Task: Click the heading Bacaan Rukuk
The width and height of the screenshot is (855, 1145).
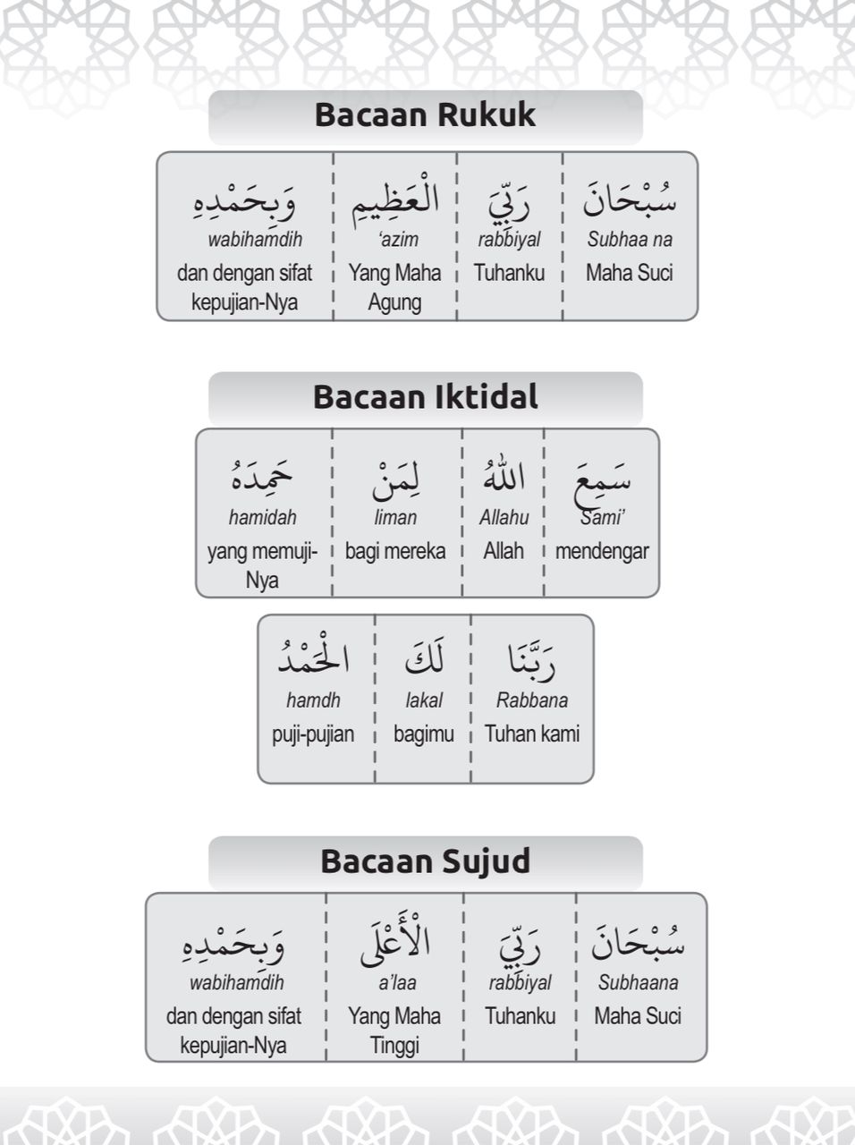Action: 425,115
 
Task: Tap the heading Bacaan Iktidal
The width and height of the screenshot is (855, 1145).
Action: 425,397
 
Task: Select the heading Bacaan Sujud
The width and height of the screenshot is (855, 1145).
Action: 425,861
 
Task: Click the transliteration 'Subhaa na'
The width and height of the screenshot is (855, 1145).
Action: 630,240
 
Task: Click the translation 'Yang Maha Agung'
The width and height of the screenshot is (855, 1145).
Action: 394,287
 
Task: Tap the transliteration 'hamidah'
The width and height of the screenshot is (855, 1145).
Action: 262,517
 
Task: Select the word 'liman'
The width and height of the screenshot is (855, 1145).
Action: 395,517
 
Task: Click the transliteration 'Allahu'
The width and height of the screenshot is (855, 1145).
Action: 504,517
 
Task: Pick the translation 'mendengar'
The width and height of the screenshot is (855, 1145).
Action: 602,551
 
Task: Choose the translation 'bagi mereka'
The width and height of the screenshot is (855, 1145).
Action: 395,551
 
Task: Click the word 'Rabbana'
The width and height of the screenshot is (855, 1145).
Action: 532,700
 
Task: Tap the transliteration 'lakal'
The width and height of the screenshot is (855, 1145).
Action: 424,700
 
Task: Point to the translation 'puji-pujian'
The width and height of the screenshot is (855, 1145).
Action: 313,734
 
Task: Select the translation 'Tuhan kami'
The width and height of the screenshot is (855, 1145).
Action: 532,734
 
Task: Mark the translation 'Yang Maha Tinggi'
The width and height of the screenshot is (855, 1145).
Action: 394,1030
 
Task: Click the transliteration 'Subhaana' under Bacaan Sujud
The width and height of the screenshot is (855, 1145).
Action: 638,982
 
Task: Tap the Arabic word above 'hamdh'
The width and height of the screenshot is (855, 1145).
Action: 313,658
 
